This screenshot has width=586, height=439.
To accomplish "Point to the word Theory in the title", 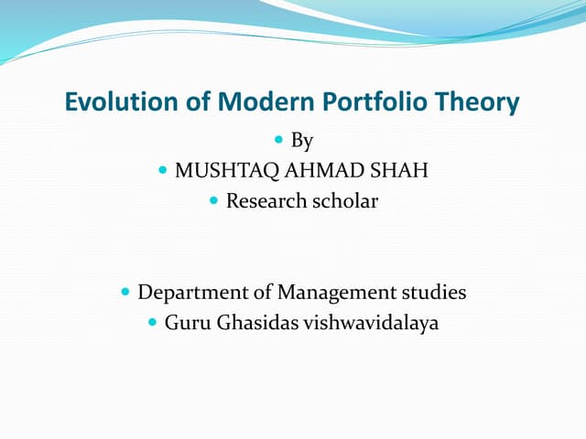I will pyautogui.click(x=478, y=102).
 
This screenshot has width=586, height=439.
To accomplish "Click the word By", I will pyautogui.click(x=302, y=141).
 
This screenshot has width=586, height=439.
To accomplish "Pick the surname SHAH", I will pyautogui.click(x=400, y=171).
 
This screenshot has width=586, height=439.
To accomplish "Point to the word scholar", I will pyautogui.click(x=344, y=201).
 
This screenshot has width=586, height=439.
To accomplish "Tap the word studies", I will pyautogui.click(x=434, y=293).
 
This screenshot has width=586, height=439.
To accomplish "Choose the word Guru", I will pyautogui.click(x=186, y=323).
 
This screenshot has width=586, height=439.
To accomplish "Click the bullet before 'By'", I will pyautogui.click(x=278, y=141).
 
